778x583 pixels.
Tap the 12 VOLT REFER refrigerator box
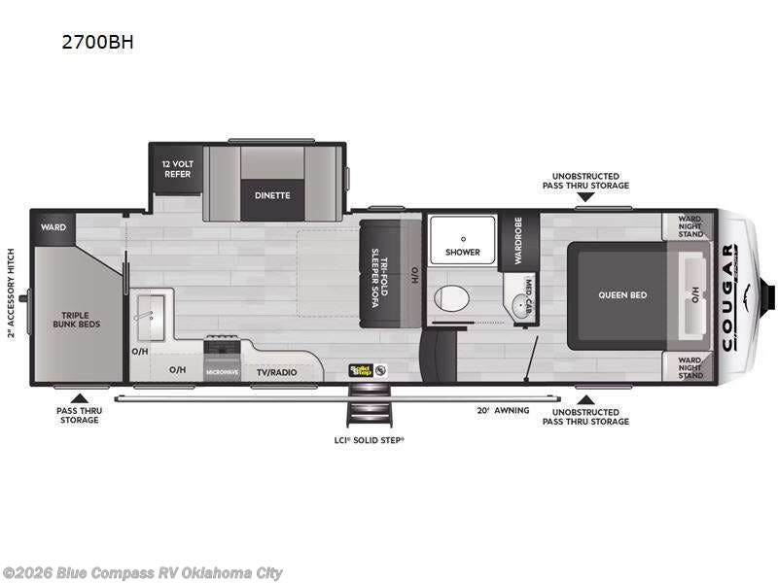[x=176, y=169]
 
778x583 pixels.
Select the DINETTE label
[x=272, y=194]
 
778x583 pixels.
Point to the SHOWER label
[x=463, y=252]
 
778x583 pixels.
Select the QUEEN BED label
[x=622, y=294]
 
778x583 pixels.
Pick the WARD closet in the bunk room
[x=53, y=227]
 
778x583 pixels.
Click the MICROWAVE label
[x=222, y=371]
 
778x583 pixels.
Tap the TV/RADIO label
[x=275, y=371]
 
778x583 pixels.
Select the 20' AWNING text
[x=504, y=410]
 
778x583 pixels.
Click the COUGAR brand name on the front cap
[x=728, y=296]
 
